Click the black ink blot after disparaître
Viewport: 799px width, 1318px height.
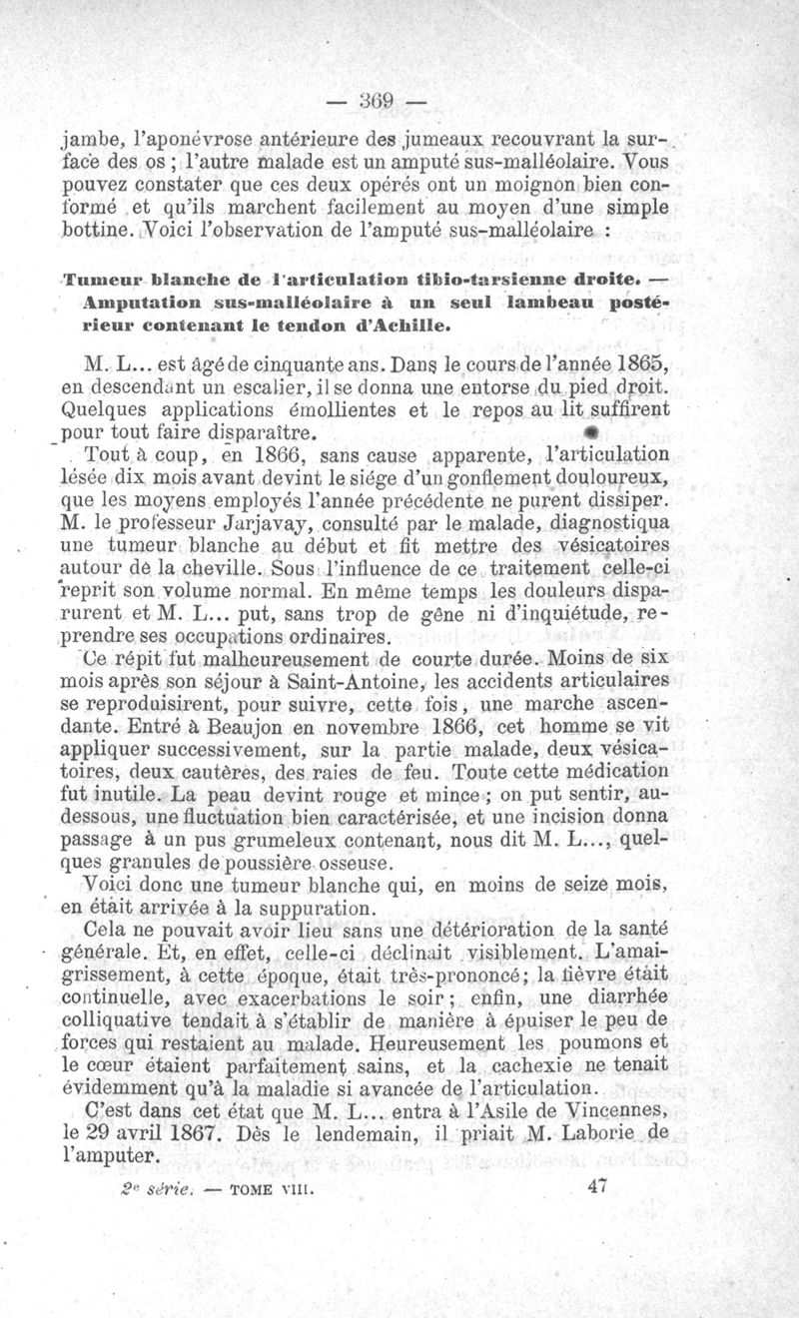coord(590,434)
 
